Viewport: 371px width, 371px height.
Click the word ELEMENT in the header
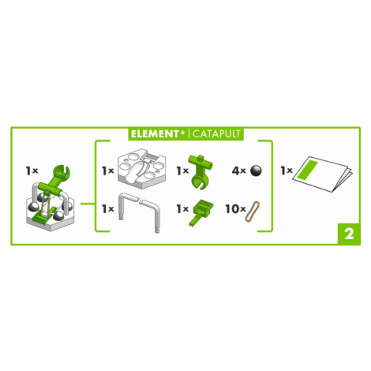point(155,134)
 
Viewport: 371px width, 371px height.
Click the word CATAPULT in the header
point(216,134)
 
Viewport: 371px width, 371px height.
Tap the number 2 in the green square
point(349,234)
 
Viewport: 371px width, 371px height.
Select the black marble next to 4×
point(256,171)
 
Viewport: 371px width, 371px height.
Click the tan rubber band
point(253,212)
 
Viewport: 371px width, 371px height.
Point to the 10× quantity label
point(235,209)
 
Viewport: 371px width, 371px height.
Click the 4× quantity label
point(238,171)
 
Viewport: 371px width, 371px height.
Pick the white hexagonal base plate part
point(142,168)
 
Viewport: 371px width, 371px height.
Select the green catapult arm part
point(200,171)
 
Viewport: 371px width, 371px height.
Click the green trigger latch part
point(200,212)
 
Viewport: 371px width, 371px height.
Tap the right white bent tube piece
point(152,215)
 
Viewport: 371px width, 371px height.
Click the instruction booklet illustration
point(323,174)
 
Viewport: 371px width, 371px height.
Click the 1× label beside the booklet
point(287,171)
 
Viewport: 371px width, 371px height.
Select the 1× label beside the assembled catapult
point(32,171)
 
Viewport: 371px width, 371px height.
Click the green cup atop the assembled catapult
point(62,173)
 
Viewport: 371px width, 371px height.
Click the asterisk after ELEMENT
point(182,133)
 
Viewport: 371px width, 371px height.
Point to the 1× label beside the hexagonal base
point(108,171)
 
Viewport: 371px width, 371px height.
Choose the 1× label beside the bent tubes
point(108,209)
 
